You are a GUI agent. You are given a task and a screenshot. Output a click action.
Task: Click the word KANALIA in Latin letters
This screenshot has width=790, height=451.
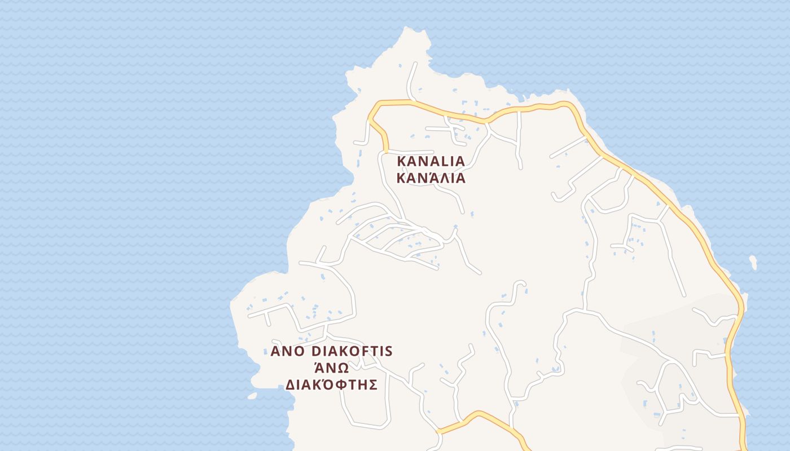click(x=431, y=161)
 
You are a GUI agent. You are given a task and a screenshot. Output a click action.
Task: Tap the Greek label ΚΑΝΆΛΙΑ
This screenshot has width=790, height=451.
click(x=431, y=178)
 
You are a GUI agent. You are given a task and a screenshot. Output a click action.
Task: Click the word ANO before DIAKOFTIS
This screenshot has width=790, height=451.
click(x=288, y=352)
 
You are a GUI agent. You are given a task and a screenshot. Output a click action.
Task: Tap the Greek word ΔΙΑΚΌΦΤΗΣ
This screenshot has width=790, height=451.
click(x=331, y=385)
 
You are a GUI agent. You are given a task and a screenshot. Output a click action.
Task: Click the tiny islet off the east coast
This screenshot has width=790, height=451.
click(x=753, y=262)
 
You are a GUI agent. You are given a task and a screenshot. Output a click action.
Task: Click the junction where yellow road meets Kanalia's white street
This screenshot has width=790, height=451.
click(x=386, y=151)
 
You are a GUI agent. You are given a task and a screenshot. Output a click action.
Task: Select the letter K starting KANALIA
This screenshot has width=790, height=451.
click(x=401, y=161)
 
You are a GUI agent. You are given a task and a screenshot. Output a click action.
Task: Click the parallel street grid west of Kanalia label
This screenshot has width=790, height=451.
click(x=395, y=240)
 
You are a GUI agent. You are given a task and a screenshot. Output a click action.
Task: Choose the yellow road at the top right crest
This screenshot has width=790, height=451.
click(x=564, y=104)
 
